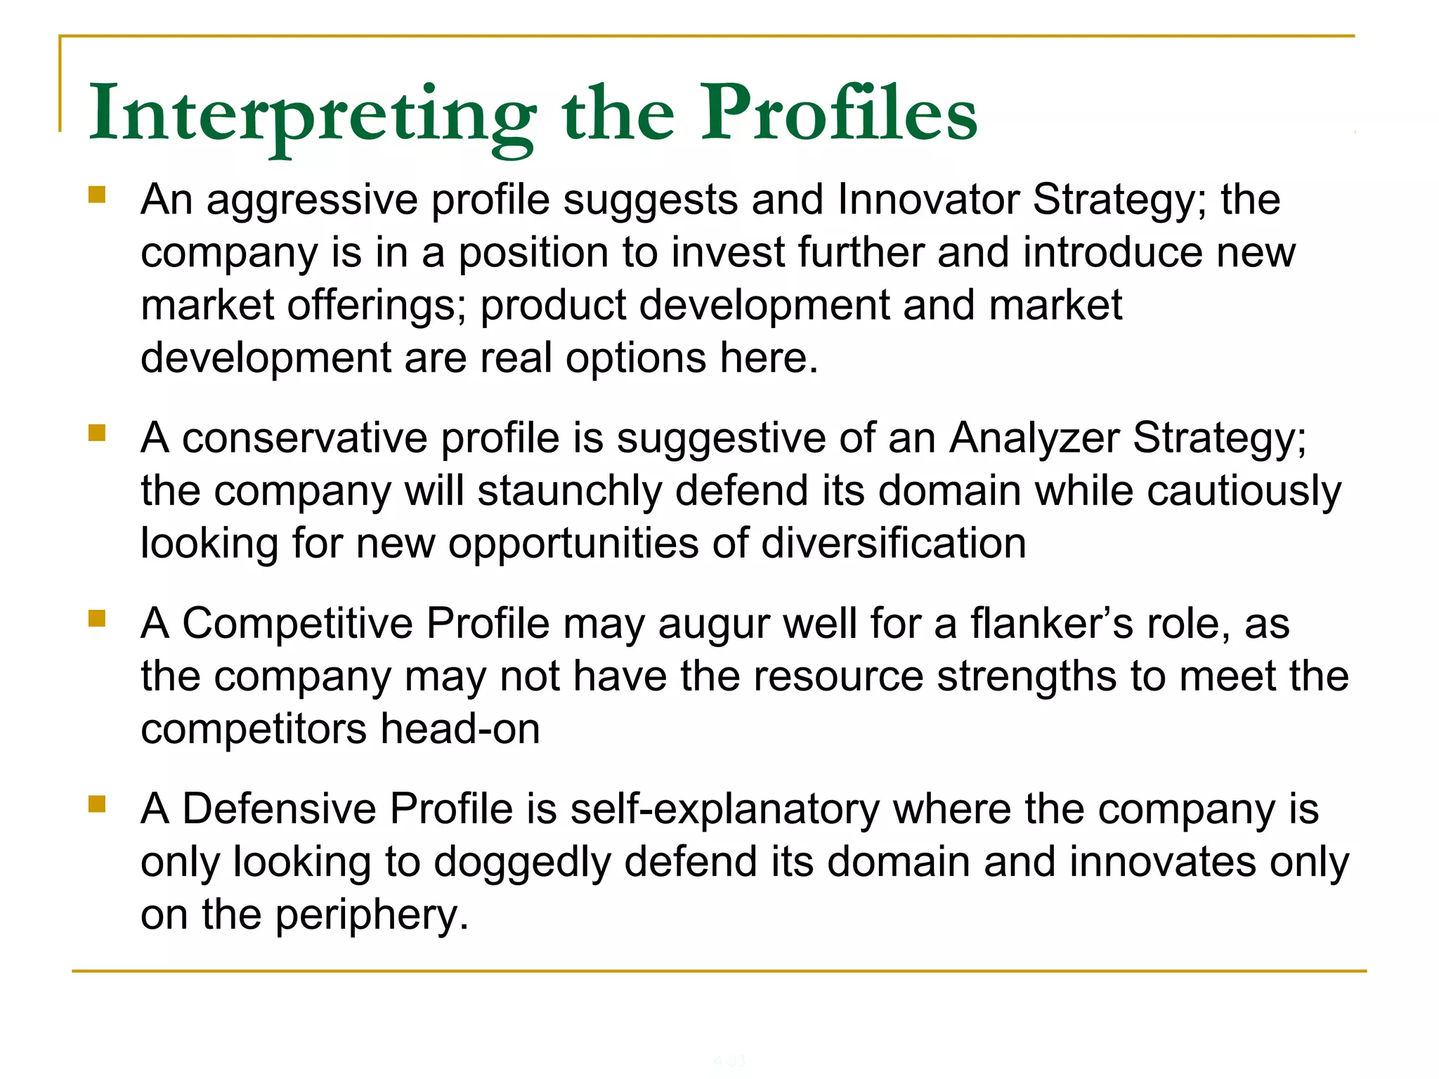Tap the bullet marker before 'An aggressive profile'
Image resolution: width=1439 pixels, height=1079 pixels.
pos(97,194)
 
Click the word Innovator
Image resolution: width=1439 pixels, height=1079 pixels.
pos(927,200)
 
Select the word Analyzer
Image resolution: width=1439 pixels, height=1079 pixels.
pos(1034,438)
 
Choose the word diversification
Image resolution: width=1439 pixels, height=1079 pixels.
pos(894,543)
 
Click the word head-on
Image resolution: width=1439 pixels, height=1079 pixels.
pos(460,728)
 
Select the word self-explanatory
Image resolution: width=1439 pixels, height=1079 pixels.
pos(724,809)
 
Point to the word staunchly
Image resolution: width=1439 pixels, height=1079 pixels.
pos(570,490)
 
